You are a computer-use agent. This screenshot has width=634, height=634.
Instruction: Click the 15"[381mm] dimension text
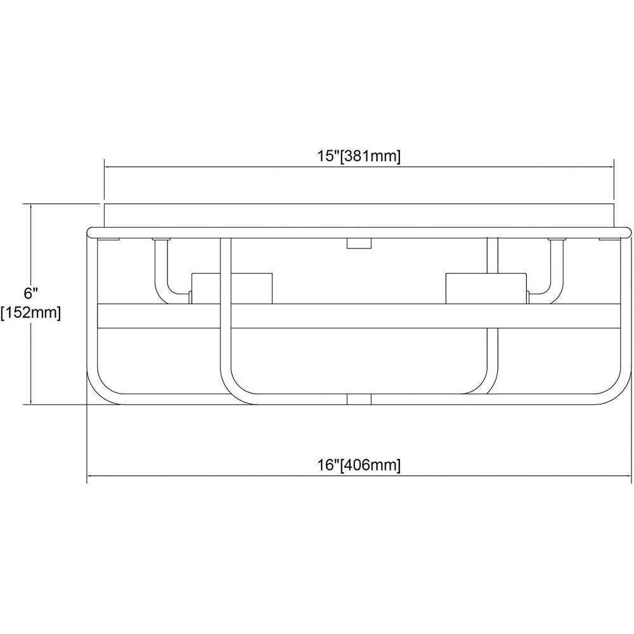tap(358, 156)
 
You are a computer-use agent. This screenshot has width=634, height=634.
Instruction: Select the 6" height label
tap(30, 293)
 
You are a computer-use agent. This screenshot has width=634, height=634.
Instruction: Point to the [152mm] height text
tap(30, 313)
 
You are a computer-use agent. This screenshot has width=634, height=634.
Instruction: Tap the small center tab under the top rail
tap(359, 243)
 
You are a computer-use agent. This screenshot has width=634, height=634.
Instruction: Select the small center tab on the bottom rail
tap(359, 399)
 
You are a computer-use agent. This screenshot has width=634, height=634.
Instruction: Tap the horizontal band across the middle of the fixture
tap(359, 316)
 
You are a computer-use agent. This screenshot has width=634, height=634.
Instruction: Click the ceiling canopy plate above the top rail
tap(359, 216)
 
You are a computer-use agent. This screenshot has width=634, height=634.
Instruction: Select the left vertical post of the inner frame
tap(226, 307)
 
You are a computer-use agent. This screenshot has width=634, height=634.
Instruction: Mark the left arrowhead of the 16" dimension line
tap(91, 476)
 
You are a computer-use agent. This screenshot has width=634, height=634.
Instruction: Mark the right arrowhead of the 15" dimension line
tap(611, 166)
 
